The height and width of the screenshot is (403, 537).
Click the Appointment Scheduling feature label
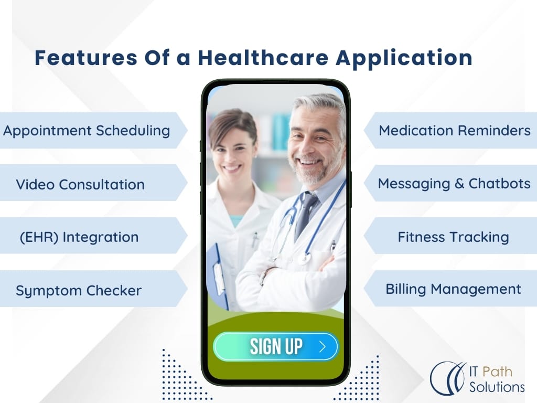click(x=87, y=131)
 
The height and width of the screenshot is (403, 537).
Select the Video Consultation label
click(x=80, y=184)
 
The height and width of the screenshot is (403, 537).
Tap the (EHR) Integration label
click(x=79, y=237)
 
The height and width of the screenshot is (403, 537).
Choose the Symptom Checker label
click(x=79, y=291)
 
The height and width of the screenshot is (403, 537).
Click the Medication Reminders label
click(x=455, y=131)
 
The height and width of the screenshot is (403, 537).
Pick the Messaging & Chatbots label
click(x=454, y=184)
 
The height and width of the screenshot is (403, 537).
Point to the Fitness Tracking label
click(x=454, y=237)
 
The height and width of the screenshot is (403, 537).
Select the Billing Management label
click(x=454, y=289)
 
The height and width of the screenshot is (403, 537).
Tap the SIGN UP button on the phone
click(x=276, y=346)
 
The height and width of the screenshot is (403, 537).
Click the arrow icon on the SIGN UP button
click(x=323, y=347)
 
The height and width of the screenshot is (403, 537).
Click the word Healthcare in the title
click(x=263, y=58)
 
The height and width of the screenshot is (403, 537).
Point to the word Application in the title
click(x=404, y=58)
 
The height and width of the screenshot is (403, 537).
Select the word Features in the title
click(x=86, y=58)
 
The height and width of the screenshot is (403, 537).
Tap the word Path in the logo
click(x=497, y=372)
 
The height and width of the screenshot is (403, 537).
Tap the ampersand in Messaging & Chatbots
click(x=459, y=184)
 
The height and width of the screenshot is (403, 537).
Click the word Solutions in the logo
click(x=497, y=387)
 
